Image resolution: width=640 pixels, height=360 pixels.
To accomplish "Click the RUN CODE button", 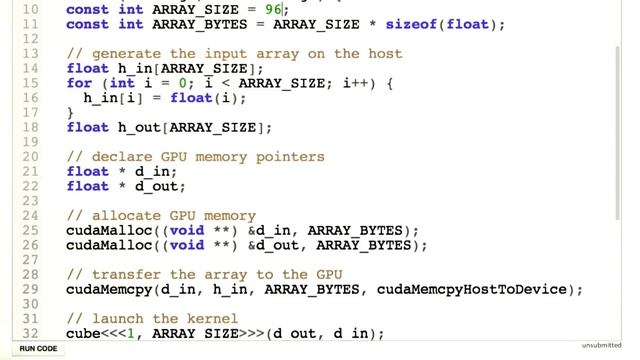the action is pos(39,348).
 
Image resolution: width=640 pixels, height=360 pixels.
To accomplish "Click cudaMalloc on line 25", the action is pos(108,230).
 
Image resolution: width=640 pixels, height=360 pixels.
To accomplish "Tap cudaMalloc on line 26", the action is pos(108,245).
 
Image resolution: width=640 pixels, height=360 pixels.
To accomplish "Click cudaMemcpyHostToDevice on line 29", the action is pos(481,289).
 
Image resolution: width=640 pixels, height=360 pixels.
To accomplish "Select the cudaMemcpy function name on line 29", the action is pos(108,289).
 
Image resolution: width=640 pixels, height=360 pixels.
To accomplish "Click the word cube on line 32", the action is pos(83,333).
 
